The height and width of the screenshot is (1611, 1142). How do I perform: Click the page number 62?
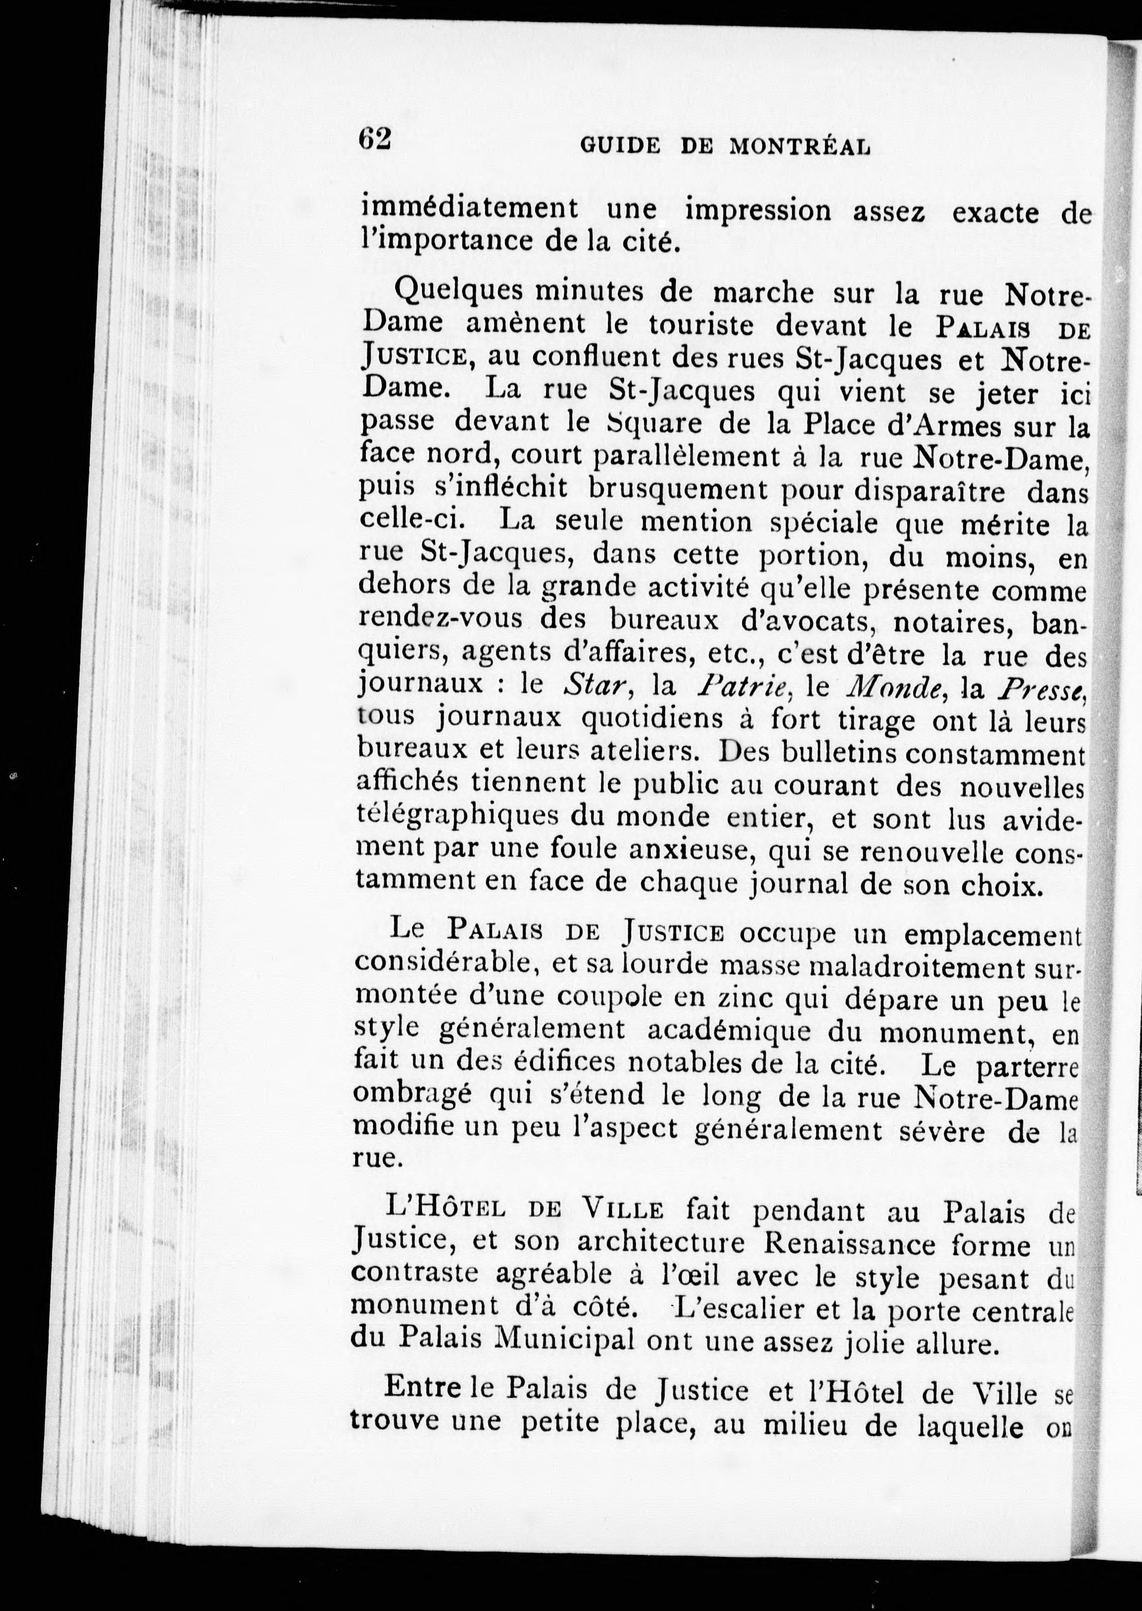tap(374, 139)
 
